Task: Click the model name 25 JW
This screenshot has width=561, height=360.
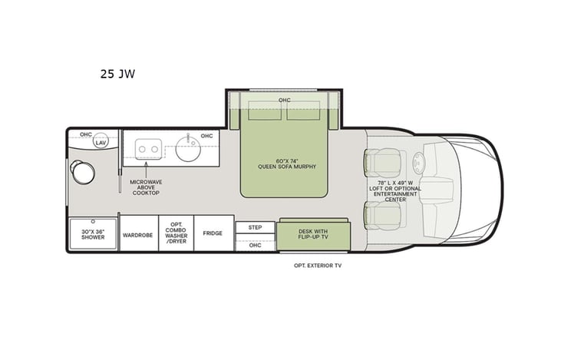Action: coord(117,74)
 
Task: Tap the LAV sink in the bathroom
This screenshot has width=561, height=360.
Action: coord(101,142)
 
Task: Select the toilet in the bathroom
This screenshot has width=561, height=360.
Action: coord(83,173)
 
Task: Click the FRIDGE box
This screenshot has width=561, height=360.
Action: coord(213,233)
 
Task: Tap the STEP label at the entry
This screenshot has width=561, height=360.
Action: coord(255,227)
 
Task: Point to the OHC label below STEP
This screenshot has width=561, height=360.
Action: coord(255,245)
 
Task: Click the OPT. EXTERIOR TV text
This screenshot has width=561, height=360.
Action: coord(316,265)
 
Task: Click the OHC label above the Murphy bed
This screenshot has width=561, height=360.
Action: coord(285,100)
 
